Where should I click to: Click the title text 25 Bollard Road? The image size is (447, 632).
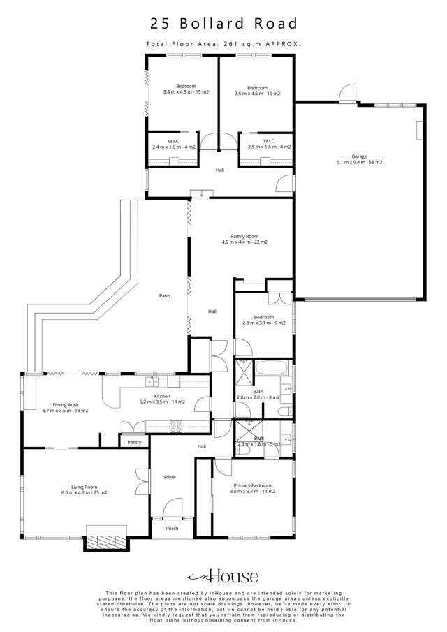click(223, 23)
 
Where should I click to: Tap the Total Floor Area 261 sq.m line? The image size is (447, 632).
click(223, 43)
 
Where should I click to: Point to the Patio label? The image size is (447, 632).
click(165, 296)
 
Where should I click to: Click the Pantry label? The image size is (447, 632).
click(134, 442)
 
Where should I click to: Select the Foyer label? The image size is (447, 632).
click(170, 477)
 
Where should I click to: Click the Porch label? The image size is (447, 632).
click(172, 528)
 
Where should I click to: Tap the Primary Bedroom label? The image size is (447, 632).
click(252, 487)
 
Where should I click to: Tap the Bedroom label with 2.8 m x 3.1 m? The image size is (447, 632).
click(263, 320)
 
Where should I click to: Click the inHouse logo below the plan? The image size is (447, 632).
click(223, 576)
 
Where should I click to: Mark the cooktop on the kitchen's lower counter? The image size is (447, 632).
click(175, 424)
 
